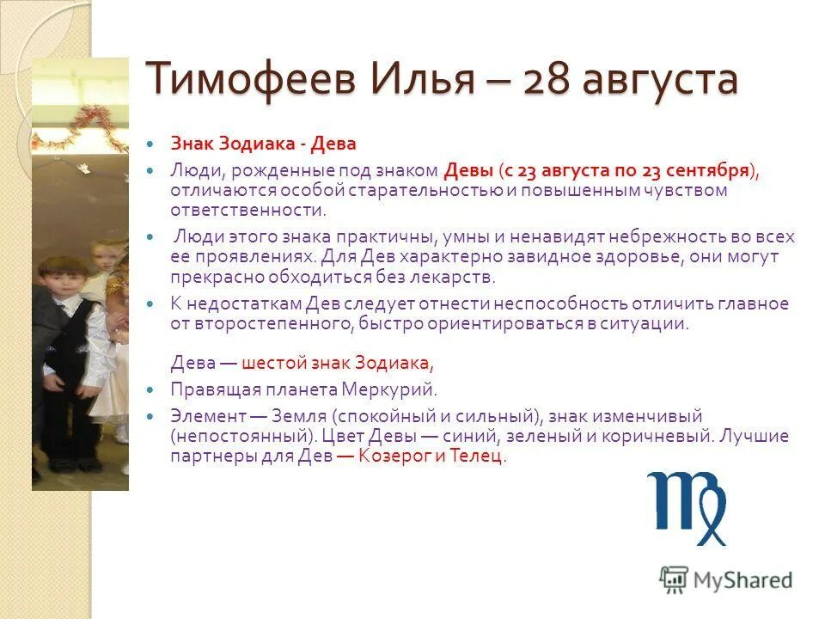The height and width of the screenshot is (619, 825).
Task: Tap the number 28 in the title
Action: point(544,80)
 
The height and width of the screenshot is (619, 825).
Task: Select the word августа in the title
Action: point(659,80)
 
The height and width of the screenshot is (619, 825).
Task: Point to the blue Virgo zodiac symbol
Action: point(687,507)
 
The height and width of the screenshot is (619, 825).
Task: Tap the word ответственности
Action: point(247,210)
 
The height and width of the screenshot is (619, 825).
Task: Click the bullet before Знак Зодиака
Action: point(152,144)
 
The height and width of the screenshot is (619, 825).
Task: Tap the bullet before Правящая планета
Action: point(152,389)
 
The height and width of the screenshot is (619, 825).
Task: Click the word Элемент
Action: point(202,414)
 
